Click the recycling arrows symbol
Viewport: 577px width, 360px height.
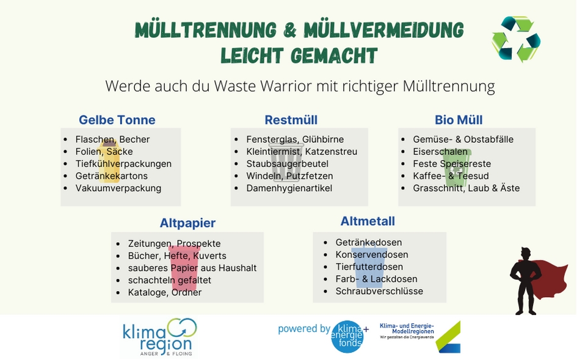pyautogui.click(x=516, y=39)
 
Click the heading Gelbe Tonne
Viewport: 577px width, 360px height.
pyautogui.click(x=117, y=120)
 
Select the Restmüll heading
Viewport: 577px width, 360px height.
pyautogui.click(x=291, y=120)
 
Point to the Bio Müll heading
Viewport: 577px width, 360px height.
pyautogui.click(x=459, y=120)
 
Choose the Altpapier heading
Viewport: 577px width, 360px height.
pyautogui.click(x=187, y=223)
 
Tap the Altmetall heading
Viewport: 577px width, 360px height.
pyautogui.click(x=368, y=221)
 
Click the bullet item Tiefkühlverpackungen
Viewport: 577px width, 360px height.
pyautogui.click(x=123, y=164)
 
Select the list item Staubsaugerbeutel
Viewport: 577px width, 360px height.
pyautogui.click(x=287, y=164)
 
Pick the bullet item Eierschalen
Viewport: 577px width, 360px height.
pyautogui.click(x=440, y=151)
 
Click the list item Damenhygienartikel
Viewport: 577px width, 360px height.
pyautogui.click(x=289, y=189)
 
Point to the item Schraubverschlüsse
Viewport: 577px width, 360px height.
pyautogui.click(x=379, y=291)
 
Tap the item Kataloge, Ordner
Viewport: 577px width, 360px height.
pyautogui.click(x=165, y=292)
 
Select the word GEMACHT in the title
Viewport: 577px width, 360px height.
pyautogui.click(x=334, y=56)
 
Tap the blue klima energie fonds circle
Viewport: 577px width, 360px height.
pyautogui.click(x=347, y=336)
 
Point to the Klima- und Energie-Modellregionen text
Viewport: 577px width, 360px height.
pyautogui.click(x=407, y=331)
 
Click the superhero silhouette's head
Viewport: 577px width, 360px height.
pyautogui.click(x=526, y=254)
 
